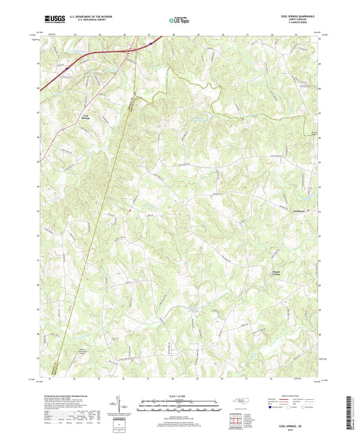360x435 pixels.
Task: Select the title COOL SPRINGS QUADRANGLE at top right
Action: pos(297,18)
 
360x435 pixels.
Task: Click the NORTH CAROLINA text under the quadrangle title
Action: pos(297,22)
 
